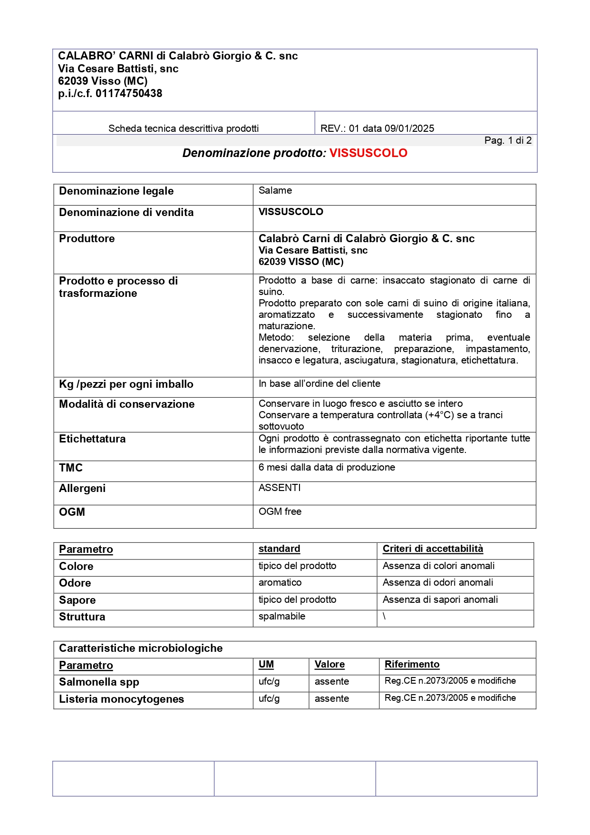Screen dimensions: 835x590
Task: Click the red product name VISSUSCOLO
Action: point(368,153)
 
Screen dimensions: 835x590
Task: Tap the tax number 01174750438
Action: point(129,94)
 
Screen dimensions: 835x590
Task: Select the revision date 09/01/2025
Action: point(409,128)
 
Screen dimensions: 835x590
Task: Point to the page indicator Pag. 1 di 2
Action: point(508,140)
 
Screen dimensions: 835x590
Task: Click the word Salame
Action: point(275,191)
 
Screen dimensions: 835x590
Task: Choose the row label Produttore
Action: point(87,239)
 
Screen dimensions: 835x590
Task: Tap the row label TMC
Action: point(71,468)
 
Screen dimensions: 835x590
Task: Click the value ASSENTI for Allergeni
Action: point(280,488)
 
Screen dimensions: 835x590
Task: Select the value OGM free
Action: point(280,512)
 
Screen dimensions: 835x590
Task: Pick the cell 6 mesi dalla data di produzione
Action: point(327,468)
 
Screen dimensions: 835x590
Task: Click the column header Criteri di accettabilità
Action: point(433,549)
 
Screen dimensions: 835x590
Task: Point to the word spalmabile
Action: point(282,617)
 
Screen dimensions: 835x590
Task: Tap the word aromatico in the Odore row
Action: point(280,583)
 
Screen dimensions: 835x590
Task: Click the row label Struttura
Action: point(82,617)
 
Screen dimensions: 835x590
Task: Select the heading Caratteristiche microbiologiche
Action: point(141,648)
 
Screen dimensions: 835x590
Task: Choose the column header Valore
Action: point(329,665)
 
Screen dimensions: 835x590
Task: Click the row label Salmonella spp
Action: point(99,682)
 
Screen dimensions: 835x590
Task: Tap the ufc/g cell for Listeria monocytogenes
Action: point(269,699)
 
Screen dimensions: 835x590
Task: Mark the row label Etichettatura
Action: point(92,439)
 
